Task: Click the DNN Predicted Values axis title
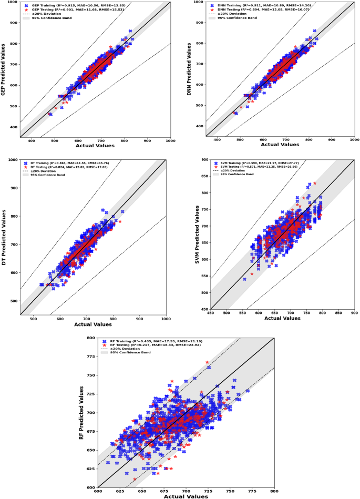click(x=189, y=68)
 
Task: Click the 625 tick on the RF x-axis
click(x=120, y=492)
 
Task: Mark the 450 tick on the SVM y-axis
click(x=203, y=309)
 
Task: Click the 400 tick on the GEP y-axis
click(x=12, y=126)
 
